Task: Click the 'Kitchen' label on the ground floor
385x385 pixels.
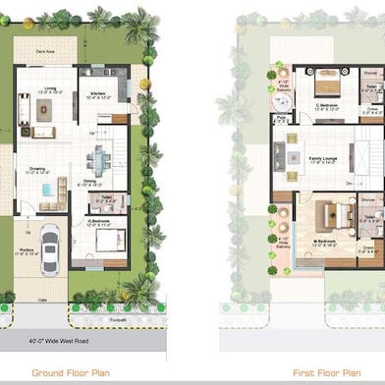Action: pyautogui.click(x=98, y=93)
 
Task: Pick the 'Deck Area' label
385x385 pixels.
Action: pyautogui.click(x=46, y=53)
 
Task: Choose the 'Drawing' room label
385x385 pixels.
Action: pyautogui.click(x=36, y=168)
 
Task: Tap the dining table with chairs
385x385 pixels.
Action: pyautogui.click(x=99, y=159)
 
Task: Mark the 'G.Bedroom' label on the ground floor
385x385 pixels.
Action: pyautogui.click(x=98, y=222)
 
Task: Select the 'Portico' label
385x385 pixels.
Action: pyautogui.click(x=27, y=252)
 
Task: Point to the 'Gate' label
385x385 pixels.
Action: pyautogui.click(x=43, y=300)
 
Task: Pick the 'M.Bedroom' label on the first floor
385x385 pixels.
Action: pyautogui.click(x=326, y=240)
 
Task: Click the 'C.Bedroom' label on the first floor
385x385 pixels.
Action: pyautogui.click(x=324, y=104)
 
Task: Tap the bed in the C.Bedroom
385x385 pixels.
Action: pyautogui.click(x=324, y=81)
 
